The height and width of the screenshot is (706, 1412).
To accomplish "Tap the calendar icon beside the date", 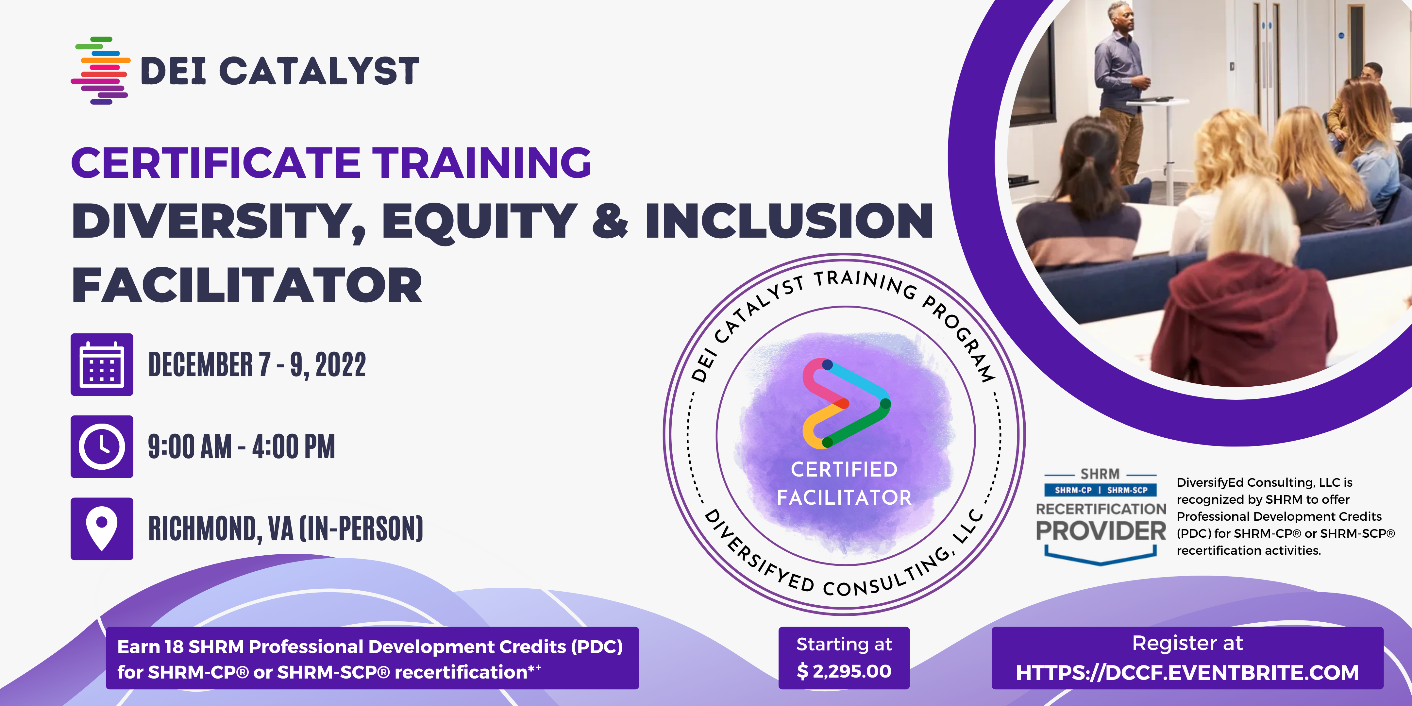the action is [102, 364].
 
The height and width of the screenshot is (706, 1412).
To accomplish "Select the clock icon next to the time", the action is [102, 447].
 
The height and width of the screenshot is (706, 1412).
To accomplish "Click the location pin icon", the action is [102, 529].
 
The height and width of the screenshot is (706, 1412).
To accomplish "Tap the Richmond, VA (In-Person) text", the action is [286, 529].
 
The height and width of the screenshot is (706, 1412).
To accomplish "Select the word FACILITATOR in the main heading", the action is [247, 285].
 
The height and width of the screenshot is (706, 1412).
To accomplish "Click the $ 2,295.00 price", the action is [844, 671].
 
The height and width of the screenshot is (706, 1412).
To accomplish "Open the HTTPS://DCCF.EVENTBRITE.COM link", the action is [1187, 673].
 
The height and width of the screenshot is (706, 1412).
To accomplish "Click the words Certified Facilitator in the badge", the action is [844, 483].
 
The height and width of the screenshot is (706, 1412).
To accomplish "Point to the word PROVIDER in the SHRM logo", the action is [1101, 530].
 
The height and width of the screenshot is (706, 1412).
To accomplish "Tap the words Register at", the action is [1187, 644].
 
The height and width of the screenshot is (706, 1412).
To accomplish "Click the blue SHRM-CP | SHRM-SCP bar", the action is [1101, 490].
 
